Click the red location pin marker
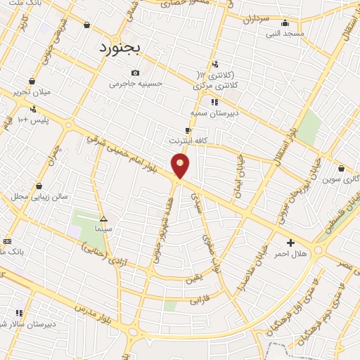point(181,166)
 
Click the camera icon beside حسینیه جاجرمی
point(135,73)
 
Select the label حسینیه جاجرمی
point(136,84)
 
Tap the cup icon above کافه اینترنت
point(188,130)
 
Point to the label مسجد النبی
point(285,33)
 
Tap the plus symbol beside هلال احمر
point(290,243)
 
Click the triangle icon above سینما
point(103,219)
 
